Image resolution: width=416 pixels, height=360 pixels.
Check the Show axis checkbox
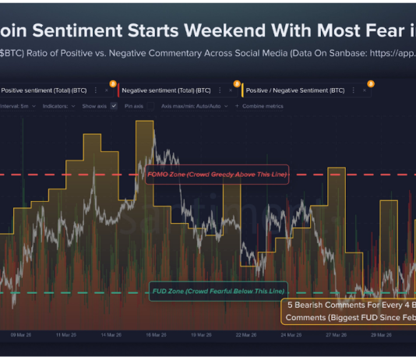click(x=114, y=105)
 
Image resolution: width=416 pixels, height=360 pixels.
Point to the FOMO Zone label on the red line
click(x=217, y=175)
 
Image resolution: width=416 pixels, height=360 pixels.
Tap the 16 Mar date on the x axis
click(x=157, y=336)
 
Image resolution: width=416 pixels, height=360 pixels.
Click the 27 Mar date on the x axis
click(x=336, y=336)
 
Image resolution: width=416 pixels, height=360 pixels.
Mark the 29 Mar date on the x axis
click(x=381, y=336)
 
